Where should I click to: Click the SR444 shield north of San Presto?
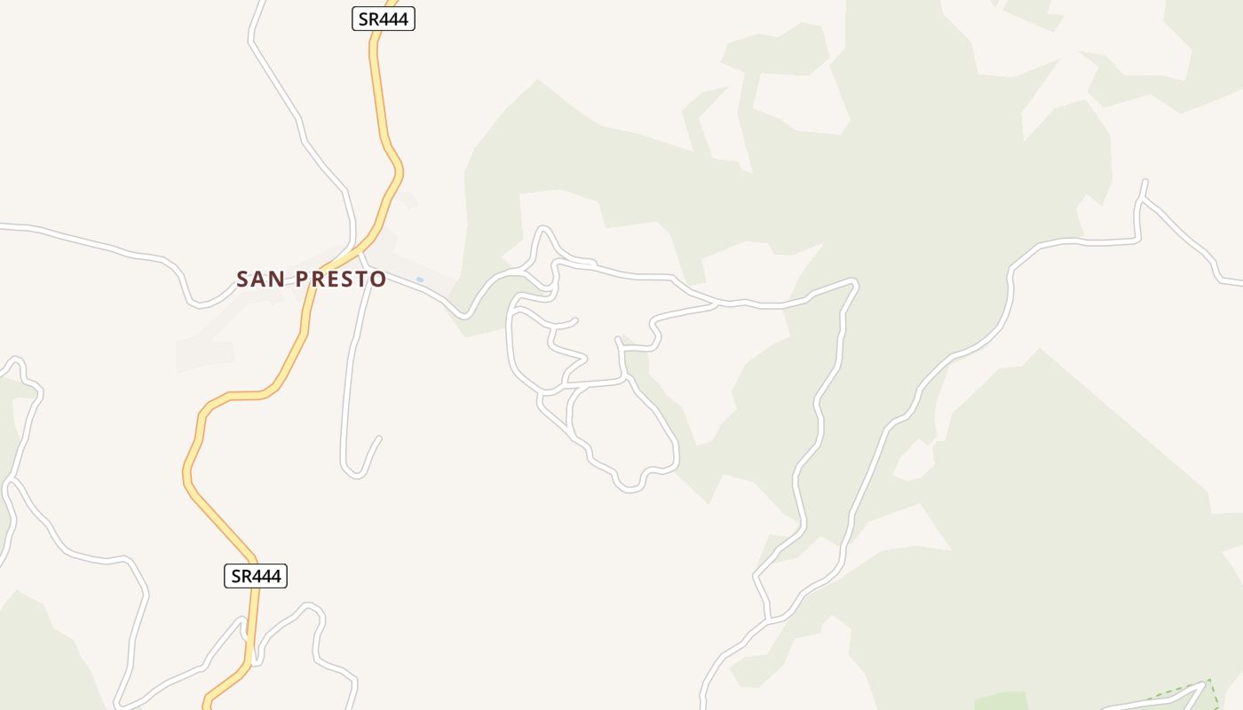(x=384, y=19)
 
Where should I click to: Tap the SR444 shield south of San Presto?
(x=255, y=576)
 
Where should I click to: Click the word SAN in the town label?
(x=260, y=280)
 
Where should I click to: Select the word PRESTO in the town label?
(x=341, y=280)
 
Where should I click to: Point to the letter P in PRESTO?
(x=302, y=280)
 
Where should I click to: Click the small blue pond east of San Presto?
(x=419, y=280)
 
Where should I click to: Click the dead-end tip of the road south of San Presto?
(x=379, y=438)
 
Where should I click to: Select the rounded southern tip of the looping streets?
(x=629, y=487)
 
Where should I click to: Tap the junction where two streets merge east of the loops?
(x=717, y=304)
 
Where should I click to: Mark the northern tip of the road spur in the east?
(x=1145, y=182)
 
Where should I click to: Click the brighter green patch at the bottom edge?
(x=1000, y=701)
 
